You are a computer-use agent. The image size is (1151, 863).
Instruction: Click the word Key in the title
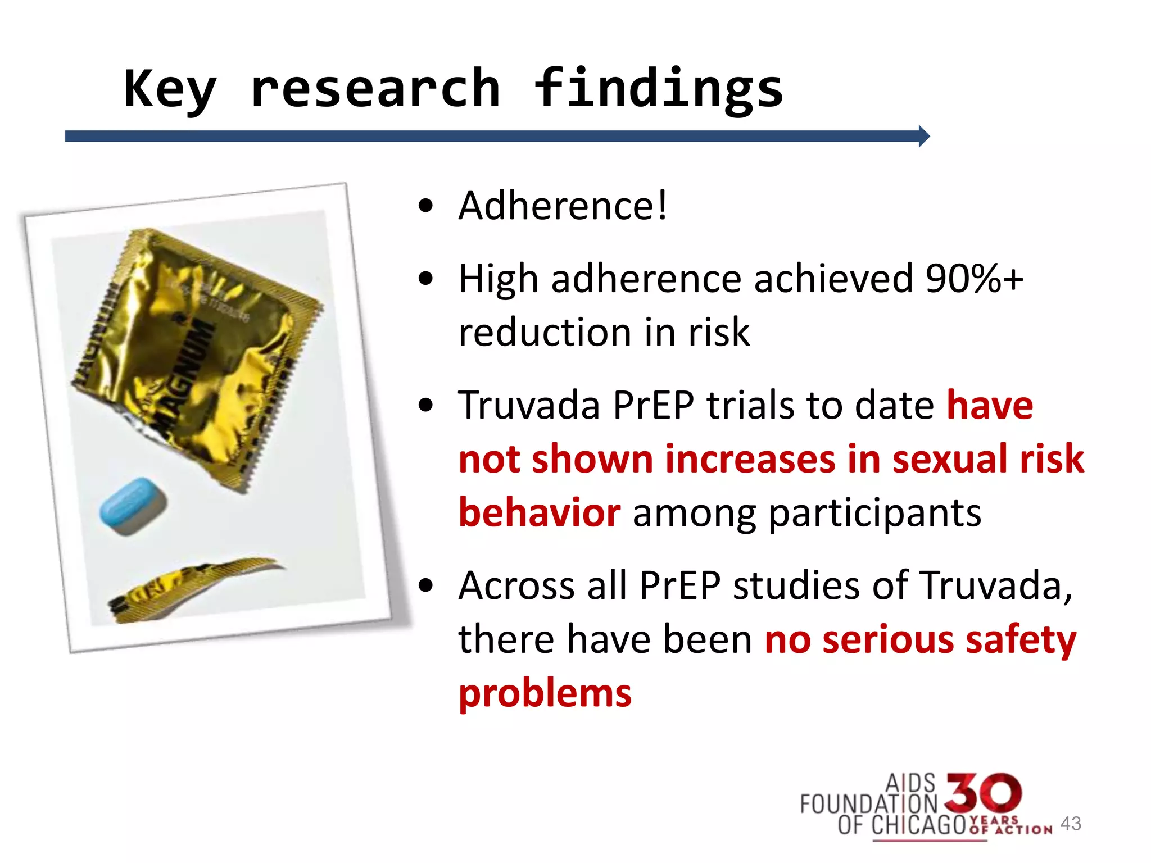point(170,90)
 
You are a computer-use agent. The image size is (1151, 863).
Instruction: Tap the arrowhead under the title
point(923,136)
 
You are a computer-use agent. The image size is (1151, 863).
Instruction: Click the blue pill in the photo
point(133,505)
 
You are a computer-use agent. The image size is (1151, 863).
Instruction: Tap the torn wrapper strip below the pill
point(191,587)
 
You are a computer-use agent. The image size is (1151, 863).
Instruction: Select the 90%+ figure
point(974,279)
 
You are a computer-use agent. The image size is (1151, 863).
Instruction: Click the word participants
point(874,513)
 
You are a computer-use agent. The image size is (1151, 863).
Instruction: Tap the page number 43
point(1071,824)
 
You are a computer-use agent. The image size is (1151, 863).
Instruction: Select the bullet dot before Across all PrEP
point(426,585)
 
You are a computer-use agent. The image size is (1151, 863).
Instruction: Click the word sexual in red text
point(949,459)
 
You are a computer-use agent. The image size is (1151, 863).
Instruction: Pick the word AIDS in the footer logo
point(910,783)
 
